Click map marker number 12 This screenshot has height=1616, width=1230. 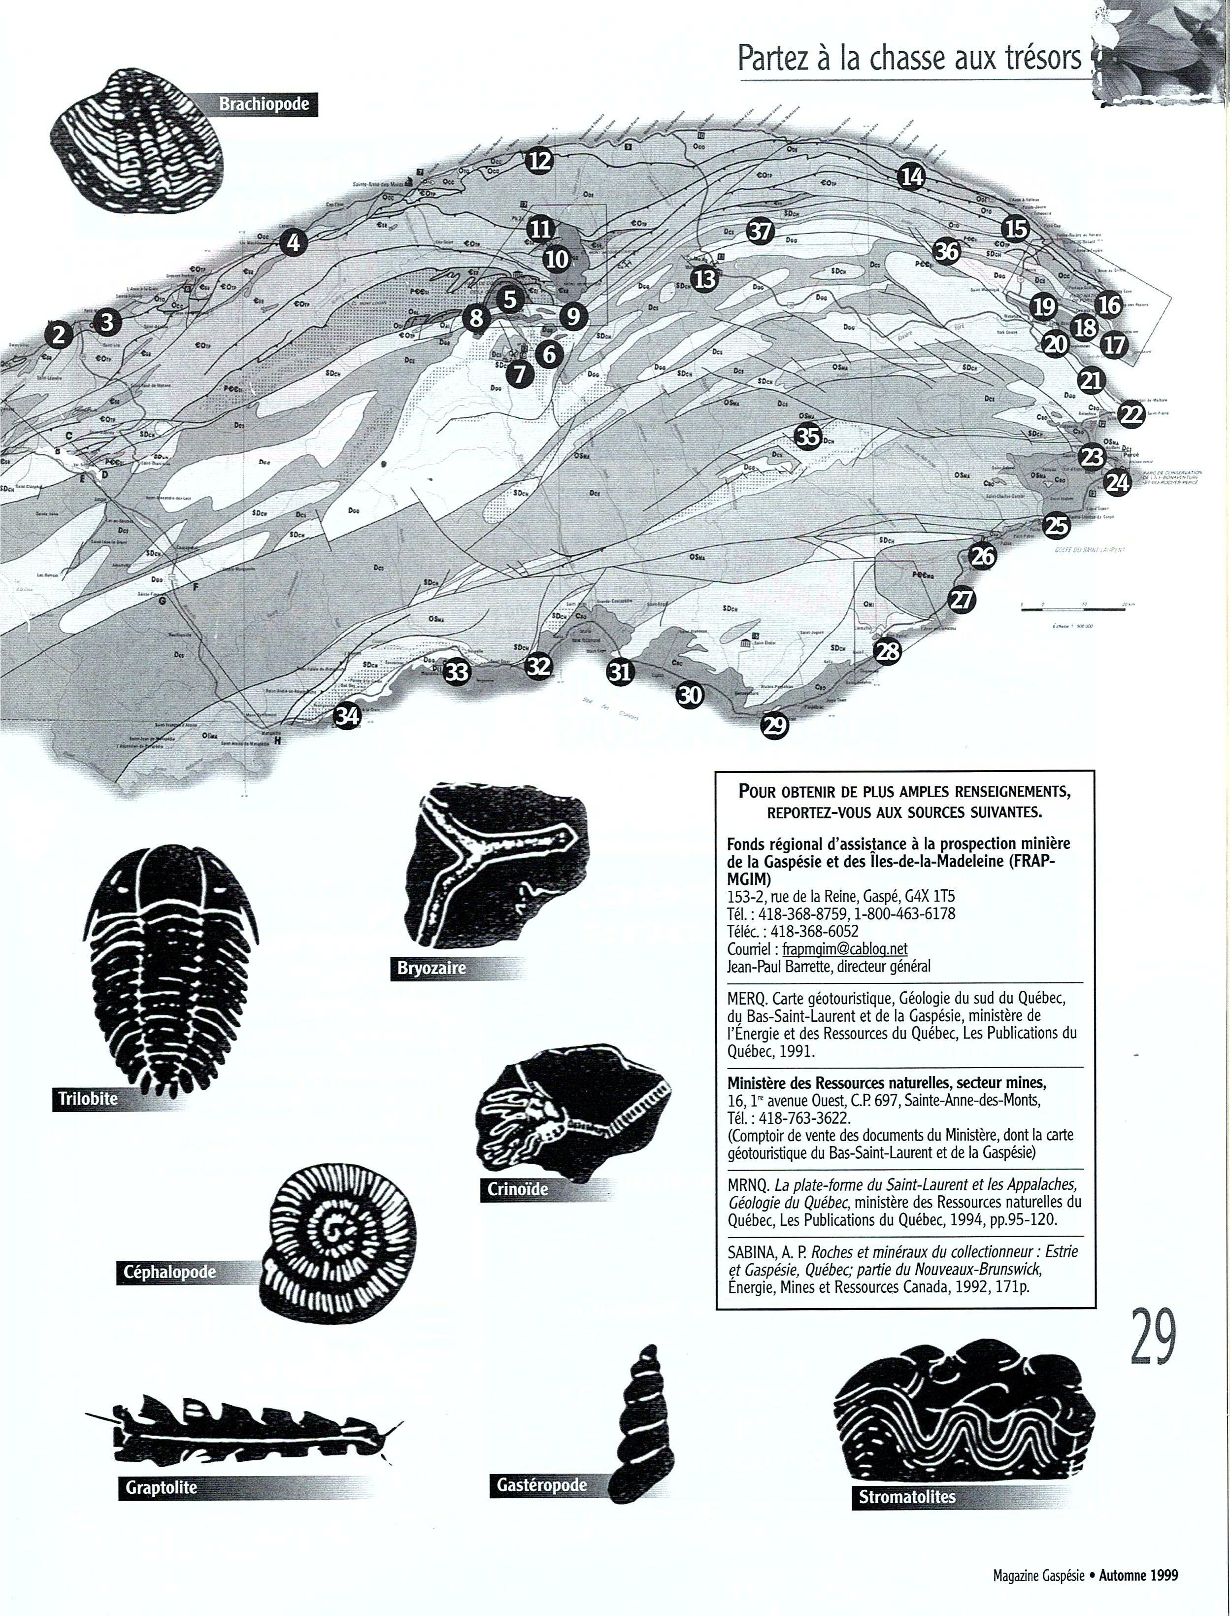(539, 160)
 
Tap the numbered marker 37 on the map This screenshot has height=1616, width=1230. (760, 232)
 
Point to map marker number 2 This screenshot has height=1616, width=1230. (59, 335)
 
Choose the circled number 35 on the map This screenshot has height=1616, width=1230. (808, 437)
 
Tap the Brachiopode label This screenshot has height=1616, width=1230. (264, 104)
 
